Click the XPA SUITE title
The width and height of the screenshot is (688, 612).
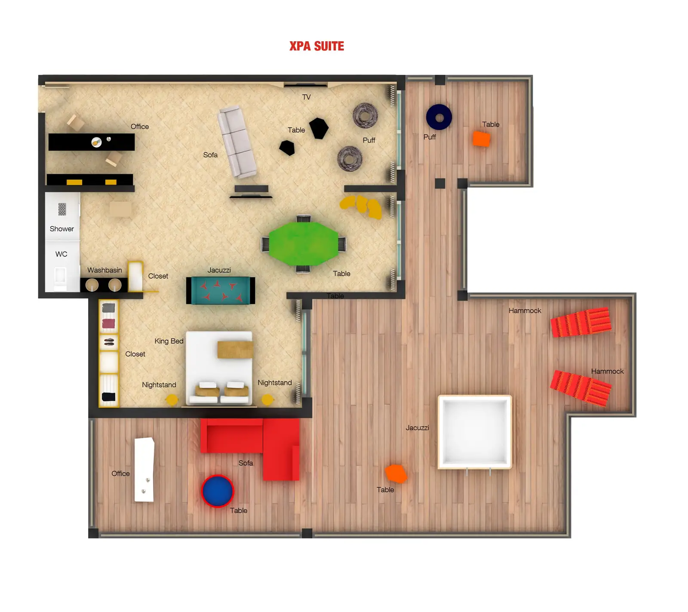pyautogui.click(x=316, y=46)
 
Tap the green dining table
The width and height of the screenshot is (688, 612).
pyautogui.click(x=304, y=244)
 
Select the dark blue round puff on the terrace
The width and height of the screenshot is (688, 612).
pyautogui.click(x=439, y=117)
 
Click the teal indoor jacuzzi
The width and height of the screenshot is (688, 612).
pyautogui.click(x=220, y=290)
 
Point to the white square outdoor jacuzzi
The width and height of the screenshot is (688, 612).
pyautogui.click(x=474, y=432)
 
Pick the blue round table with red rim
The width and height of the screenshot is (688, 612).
pyautogui.click(x=218, y=491)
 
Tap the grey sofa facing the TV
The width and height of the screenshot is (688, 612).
pyautogui.click(x=237, y=142)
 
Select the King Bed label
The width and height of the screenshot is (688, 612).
pyautogui.click(x=169, y=341)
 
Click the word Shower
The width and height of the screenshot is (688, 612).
pyautogui.click(x=61, y=229)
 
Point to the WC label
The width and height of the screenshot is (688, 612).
pyautogui.click(x=61, y=254)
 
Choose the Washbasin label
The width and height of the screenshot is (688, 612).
pyautogui.click(x=104, y=270)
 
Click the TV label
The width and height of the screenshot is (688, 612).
pyautogui.click(x=306, y=97)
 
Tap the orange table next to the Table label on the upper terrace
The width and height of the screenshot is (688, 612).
pyautogui.click(x=481, y=139)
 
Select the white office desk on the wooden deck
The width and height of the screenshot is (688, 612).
pyautogui.click(x=144, y=470)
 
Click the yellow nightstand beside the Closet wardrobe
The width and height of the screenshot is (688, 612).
pyautogui.click(x=172, y=400)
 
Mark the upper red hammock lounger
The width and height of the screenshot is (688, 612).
pyautogui.click(x=581, y=322)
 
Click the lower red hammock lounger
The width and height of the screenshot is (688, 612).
pyautogui.click(x=580, y=388)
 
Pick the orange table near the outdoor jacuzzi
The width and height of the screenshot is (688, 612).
pyautogui.click(x=396, y=474)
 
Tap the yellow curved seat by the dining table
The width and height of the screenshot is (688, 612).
pyautogui.click(x=362, y=206)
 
